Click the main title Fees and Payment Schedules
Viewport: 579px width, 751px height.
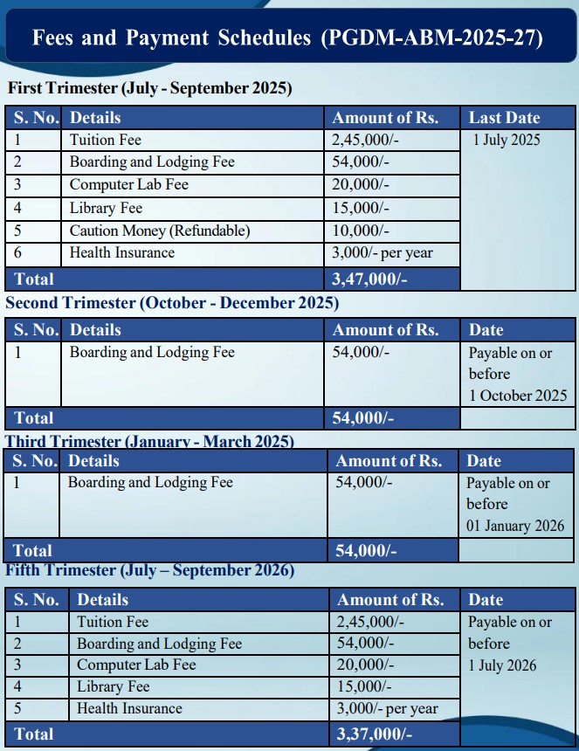(287, 38)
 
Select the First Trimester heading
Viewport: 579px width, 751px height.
(149, 88)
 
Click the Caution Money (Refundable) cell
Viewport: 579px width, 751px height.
(159, 231)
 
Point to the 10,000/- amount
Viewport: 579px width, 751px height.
(361, 231)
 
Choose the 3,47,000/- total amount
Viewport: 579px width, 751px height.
(369, 279)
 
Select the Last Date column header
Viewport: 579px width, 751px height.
(505, 118)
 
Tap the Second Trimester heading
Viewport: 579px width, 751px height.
(172, 303)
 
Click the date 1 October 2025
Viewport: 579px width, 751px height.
(518, 396)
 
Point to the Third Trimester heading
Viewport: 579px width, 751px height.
(149, 442)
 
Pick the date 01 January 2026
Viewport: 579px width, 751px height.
(515, 527)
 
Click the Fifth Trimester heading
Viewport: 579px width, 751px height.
(149, 571)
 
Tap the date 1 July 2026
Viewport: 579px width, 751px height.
(503, 665)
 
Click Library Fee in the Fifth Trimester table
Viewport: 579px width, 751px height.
(113, 687)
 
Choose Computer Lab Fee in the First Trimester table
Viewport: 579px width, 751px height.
(128, 185)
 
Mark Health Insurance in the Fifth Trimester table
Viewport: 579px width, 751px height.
(129, 709)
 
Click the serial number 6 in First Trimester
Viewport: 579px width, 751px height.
(17, 253)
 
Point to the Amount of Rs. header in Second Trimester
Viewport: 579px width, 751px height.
(385, 330)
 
